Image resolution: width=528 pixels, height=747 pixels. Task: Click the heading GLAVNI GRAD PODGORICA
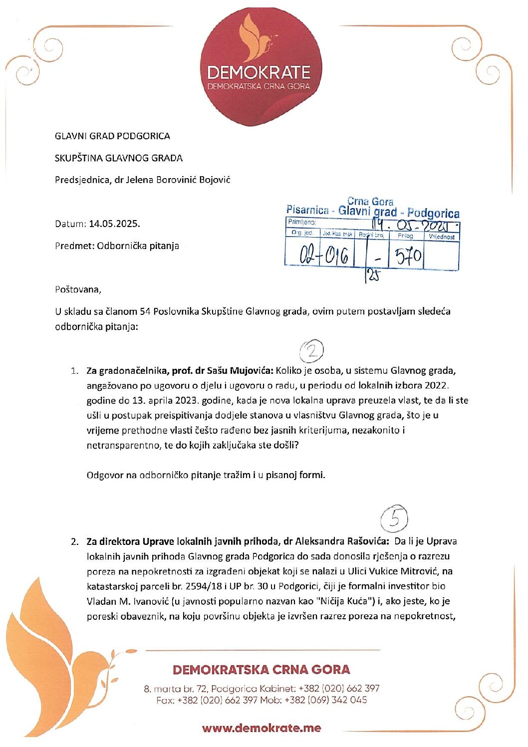coord(112,136)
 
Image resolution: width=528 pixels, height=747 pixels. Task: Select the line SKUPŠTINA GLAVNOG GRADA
coord(119,158)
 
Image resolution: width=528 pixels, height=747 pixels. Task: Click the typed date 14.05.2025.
coord(114,224)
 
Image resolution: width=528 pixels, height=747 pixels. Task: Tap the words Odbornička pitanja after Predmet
coord(138,246)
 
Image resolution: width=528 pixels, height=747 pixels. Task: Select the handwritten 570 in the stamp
coord(408,256)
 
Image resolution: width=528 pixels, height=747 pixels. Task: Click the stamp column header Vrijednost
coord(442,237)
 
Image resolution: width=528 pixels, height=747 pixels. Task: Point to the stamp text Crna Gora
coord(370,202)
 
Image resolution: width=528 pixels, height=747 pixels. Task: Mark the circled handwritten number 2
coord(312,352)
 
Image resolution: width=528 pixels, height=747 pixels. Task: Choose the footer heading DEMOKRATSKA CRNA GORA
coord(262,670)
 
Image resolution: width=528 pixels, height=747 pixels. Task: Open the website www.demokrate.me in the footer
coord(262,728)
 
